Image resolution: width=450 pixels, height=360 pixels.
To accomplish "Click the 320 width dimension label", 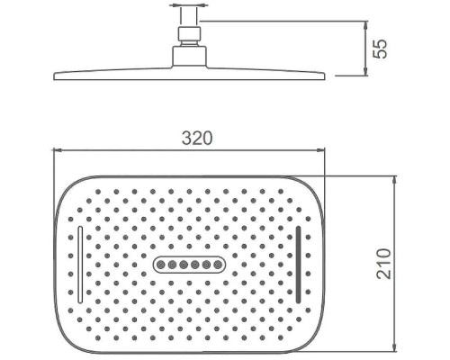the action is pos(197,139).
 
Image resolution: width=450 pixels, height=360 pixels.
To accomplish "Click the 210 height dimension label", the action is pos(383,264).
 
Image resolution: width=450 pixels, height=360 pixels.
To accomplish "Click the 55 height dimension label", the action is pos(380,49).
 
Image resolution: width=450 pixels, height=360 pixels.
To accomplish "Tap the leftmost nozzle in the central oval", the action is pos(160,265).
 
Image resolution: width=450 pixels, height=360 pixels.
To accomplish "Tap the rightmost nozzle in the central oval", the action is pos(218,265).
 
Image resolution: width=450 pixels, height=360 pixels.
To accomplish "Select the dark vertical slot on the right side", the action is pos(298,265).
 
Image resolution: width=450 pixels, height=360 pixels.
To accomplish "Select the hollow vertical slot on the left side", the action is pos(80,265).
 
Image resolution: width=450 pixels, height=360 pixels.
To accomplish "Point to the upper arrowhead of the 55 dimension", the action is pos(365,24).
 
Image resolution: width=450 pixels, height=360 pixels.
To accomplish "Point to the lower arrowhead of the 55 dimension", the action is pos(365,72).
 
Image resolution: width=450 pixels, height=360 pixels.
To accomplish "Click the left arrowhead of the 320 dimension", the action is pos(57,150).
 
